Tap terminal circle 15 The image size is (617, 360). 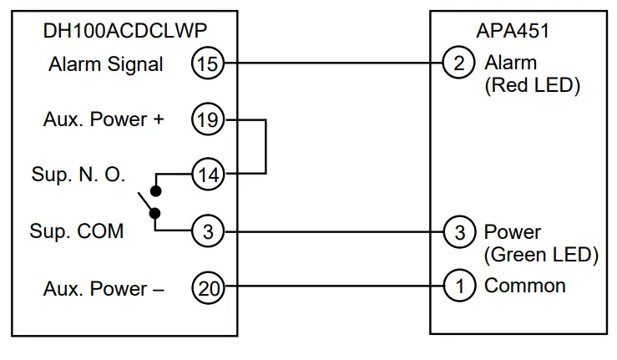[x=207, y=63]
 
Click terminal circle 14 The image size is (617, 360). [x=207, y=175]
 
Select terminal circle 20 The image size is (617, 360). [x=207, y=288]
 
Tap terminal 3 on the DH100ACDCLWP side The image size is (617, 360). [x=207, y=231]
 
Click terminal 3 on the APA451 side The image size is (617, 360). [x=458, y=231]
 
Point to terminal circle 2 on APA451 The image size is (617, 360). [x=458, y=63]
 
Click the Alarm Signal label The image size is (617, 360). [x=106, y=64]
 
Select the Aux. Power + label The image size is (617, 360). [x=104, y=119]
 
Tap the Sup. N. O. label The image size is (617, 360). [x=78, y=175]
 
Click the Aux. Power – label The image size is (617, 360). [x=104, y=289]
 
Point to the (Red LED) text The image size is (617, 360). [x=532, y=85]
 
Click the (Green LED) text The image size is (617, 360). [x=541, y=254]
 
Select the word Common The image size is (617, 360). [x=525, y=286]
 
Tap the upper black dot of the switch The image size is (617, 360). [x=155, y=190]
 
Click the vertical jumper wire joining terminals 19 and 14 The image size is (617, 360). [x=266, y=147]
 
